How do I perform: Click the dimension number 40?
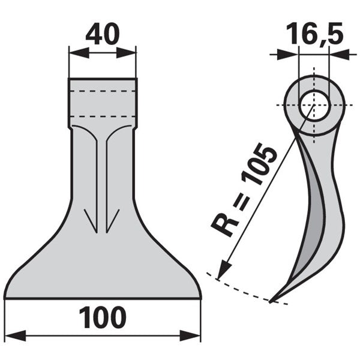coord(103,34)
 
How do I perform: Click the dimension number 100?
coord(103,318)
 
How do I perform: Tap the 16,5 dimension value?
coord(315,34)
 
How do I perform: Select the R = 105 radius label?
coord(244,190)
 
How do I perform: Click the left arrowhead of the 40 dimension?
coord(79,53)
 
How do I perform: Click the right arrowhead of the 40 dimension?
coord(126,53)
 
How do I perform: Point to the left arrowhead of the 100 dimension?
coord(15,335)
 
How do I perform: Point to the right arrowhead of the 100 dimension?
coord(190,335)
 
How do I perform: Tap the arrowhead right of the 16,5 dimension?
coord(340,55)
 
